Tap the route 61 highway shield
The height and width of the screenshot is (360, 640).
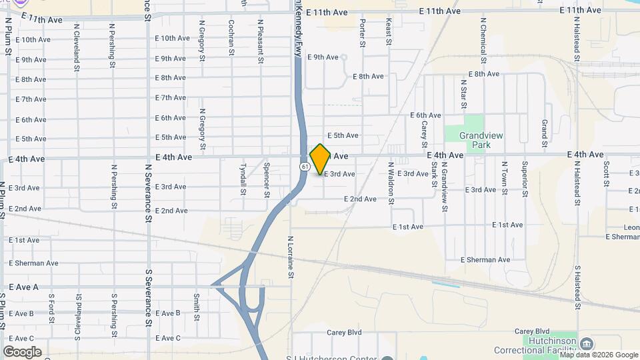click(305, 166)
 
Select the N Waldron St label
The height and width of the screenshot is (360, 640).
click(391, 182)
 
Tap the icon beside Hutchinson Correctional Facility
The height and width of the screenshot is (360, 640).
click(586, 343)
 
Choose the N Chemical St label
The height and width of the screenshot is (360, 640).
click(483, 37)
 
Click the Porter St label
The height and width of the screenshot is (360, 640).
click(363, 33)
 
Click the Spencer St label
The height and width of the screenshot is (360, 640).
click(267, 176)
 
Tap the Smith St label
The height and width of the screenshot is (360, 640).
click(197, 307)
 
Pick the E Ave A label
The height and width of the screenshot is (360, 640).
click(24, 287)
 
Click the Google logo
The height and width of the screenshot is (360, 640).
click(22, 351)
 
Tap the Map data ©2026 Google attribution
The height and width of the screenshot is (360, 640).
click(598, 355)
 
